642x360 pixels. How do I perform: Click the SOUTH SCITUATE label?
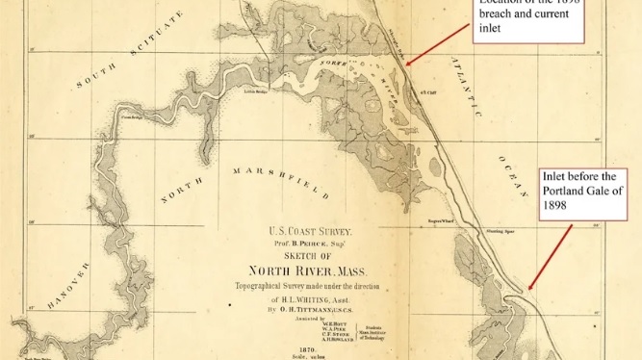pyautogui.click(x=130, y=58)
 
